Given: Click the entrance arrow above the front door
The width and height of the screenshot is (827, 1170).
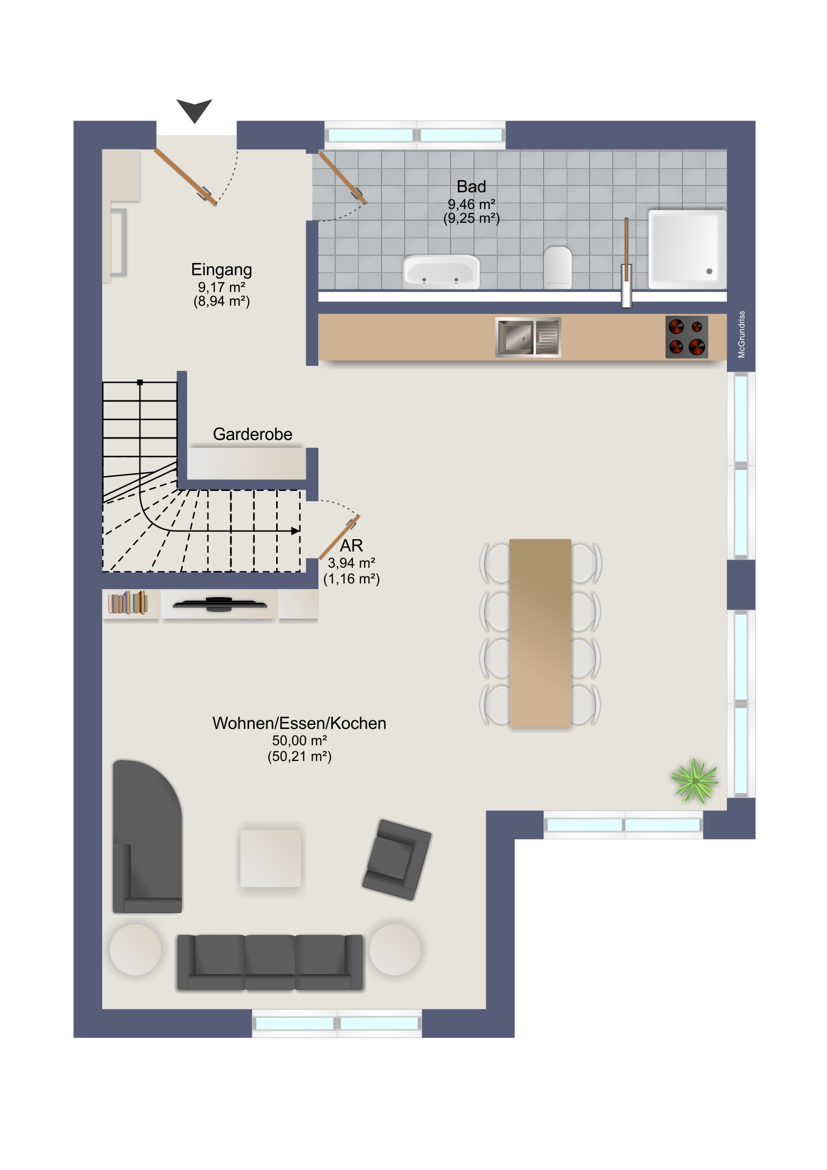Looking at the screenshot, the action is pyautogui.click(x=194, y=110).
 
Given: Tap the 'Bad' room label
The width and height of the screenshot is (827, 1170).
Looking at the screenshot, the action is pyautogui.click(x=471, y=187).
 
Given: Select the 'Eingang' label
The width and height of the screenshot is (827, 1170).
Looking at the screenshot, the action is pyautogui.click(x=221, y=270).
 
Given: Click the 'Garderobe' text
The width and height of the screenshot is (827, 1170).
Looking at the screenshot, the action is pyautogui.click(x=252, y=434).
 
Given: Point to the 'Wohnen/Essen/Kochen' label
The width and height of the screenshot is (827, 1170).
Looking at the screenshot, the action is pyautogui.click(x=299, y=723).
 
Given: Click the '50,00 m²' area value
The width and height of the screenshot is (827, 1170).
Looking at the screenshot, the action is pyautogui.click(x=299, y=741).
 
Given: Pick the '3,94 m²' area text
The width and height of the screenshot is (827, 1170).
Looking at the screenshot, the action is pyautogui.click(x=351, y=563).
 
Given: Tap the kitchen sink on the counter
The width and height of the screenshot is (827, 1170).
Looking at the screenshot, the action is pyautogui.click(x=528, y=337).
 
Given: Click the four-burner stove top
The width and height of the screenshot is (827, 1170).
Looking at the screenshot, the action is pyautogui.click(x=686, y=337).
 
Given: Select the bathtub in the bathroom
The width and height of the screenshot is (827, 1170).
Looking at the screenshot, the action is pyautogui.click(x=441, y=272).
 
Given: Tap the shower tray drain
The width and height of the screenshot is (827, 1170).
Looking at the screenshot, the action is pyautogui.click(x=709, y=271).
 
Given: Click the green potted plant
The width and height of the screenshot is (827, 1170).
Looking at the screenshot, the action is pyautogui.click(x=694, y=781).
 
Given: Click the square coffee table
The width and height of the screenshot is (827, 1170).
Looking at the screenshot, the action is pyautogui.click(x=271, y=859).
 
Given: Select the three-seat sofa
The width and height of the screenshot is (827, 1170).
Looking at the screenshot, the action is pyautogui.click(x=270, y=962).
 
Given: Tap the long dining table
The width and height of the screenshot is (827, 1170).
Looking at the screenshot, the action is pyautogui.click(x=540, y=633).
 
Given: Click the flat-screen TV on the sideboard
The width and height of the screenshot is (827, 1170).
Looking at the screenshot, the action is pyautogui.click(x=220, y=604).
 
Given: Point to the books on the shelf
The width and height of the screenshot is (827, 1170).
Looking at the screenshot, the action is pyautogui.click(x=128, y=603).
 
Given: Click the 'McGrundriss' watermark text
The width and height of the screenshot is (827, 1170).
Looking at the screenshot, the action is pyautogui.click(x=742, y=334).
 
